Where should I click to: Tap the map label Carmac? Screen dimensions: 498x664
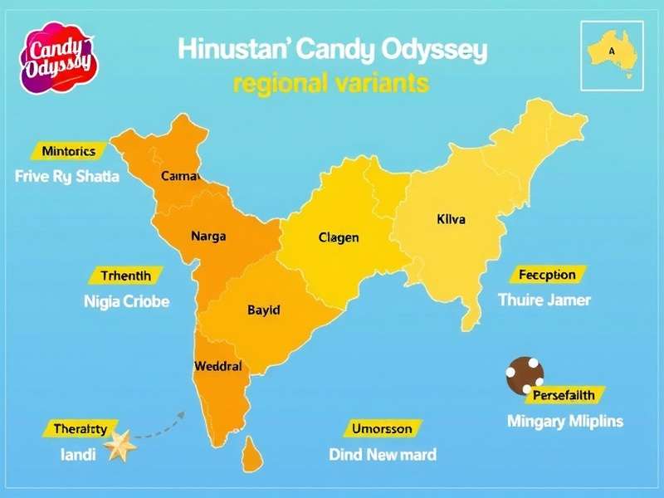pyautogui.click(x=182, y=176)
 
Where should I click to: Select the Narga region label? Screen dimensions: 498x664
pyautogui.click(x=207, y=236)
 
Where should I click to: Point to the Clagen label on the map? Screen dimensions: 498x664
pyautogui.click(x=339, y=237)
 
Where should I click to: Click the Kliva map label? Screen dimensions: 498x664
pyautogui.click(x=451, y=220)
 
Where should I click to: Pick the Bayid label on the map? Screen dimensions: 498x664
pyautogui.click(x=264, y=310)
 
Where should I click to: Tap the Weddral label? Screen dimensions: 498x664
pyautogui.click(x=217, y=365)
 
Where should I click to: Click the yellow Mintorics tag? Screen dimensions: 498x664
pyautogui.click(x=68, y=151)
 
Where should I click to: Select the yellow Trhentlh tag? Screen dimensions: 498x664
pyautogui.click(x=126, y=276)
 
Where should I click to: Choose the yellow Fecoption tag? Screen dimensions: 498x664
pyautogui.click(x=547, y=275)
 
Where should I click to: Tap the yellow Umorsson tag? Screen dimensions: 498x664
pyautogui.click(x=382, y=428)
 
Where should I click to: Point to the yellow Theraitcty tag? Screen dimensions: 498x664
pyautogui.click(x=80, y=428)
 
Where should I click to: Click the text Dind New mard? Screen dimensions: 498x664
pyautogui.click(x=383, y=454)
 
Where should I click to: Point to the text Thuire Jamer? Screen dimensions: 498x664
pyautogui.click(x=544, y=300)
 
